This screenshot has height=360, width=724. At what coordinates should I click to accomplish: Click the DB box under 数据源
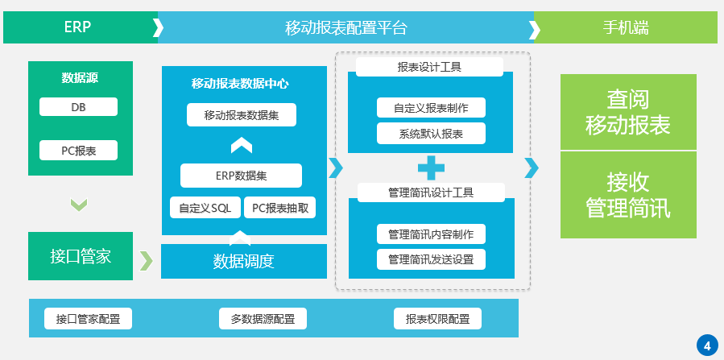pyautogui.click(x=78, y=107)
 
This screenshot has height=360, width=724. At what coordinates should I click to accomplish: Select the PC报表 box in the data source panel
pyautogui.click(x=78, y=150)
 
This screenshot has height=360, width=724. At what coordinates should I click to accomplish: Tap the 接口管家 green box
pyautogui.click(x=81, y=257)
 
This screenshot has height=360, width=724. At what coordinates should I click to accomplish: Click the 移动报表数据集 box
pyautogui.click(x=242, y=115)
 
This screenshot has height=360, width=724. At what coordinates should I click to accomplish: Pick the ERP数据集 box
pyautogui.click(x=242, y=176)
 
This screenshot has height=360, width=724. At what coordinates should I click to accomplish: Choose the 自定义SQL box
pyautogui.click(x=205, y=208)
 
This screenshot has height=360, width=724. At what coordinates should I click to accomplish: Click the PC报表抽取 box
pyautogui.click(x=279, y=208)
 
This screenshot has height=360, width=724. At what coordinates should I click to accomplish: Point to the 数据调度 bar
pyautogui.click(x=244, y=261)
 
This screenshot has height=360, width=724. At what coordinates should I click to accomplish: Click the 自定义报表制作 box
pyautogui.click(x=431, y=108)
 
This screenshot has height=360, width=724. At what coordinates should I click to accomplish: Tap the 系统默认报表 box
pyautogui.click(x=431, y=134)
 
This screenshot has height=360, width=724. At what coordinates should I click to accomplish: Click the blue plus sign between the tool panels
pyautogui.click(x=431, y=168)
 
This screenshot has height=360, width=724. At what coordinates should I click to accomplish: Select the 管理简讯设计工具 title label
pyautogui.click(x=431, y=192)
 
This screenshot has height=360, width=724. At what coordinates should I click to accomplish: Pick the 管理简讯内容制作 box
pyautogui.click(x=431, y=234)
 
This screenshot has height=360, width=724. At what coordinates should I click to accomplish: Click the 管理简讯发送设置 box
pyautogui.click(x=431, y=259)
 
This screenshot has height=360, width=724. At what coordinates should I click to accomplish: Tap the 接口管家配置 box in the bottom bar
pyautogui.click(x=89, y=319)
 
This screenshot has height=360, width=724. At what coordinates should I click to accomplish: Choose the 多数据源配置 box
pyautogui.click(x=263, y=319)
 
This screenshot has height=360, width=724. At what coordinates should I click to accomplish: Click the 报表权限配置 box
pyautogui.click(x=437, y=319)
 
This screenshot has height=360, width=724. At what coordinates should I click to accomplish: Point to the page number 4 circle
pyautogui.click(x=707, y=346)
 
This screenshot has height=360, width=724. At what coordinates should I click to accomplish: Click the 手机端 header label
pyautogui.click(x=626, y=27)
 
